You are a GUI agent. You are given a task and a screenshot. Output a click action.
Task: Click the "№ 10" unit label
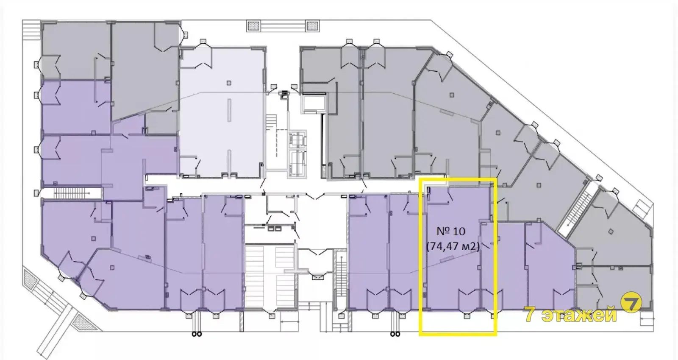pyautogui.click(x=451, y=232)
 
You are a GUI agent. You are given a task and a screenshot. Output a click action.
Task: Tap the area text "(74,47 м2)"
pyautogui.click(x=453, y=246)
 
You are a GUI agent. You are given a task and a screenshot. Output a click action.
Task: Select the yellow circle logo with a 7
pyautogui.click(x=631, y=302)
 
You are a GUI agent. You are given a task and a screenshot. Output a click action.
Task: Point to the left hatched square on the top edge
pyautogui.click(x=254, y=26)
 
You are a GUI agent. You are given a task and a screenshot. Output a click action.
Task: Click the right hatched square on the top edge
pyautogui.click(x=312, y=26)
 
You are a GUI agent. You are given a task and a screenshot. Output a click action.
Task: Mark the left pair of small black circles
pyautogui.click(x=197, y=334)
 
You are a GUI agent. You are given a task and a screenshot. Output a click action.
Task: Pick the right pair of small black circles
pyautogui.click(x=395, y=334)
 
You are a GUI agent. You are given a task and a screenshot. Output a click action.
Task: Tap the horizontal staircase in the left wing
pyautogui.click(x=71, y=193)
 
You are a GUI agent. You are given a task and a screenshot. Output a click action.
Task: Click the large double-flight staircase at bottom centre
pyautogui.click(x=270, y=276)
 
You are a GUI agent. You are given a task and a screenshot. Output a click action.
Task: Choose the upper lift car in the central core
pyautogui.click(x=297, y=139)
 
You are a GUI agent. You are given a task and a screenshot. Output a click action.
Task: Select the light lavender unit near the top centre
pyautogui.click(x=222, y=112)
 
